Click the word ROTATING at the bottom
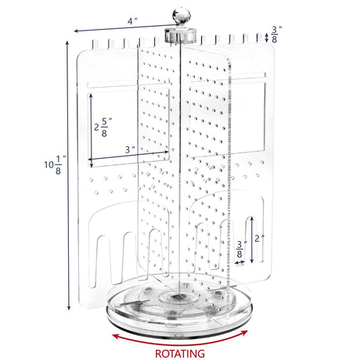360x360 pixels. click(180, 354)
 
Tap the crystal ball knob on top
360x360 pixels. click(182, 15)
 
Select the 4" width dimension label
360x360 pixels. click(132, 21)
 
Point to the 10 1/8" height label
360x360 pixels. click(55, 165)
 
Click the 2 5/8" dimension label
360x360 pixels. click(103, 128)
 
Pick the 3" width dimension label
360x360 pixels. click(130, 149)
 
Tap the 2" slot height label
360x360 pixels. click(259, 238)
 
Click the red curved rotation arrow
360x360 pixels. click(180, 339)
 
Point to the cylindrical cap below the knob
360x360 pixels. click(180, 35)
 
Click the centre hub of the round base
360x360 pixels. click(178, 297)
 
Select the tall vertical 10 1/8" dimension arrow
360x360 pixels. click(68, 175)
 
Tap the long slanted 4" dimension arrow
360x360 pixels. click(127, 27)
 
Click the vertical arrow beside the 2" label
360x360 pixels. click(252, 239)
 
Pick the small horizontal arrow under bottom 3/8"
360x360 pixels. click(239, 262)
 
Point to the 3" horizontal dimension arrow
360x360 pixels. click(128, 156)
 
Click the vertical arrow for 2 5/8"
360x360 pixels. click(91, 131)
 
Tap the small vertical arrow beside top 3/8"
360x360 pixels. click(266, 38)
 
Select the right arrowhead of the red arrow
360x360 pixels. click(244, 333)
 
